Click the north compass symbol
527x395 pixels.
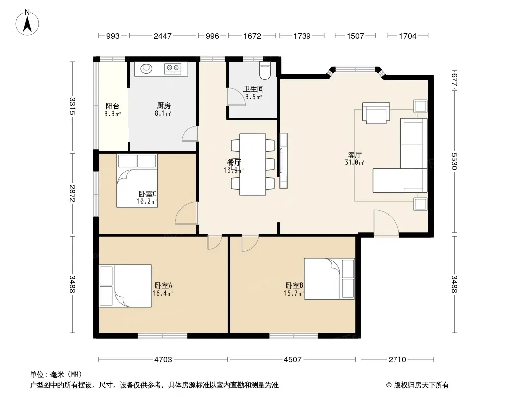tap(27, 23)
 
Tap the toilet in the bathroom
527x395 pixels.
tap(265, 71)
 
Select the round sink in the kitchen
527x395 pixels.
tap(146, 68)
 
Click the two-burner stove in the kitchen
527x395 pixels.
tap(173, 69)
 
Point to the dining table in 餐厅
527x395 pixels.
tap(253, 164)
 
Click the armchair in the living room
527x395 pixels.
tap(376, 113)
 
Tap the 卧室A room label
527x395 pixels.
tap(163, 285)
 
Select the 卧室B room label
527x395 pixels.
tap(295, 285)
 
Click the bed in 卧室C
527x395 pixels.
tap(137, 181)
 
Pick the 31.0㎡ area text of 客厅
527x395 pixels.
tap(354, 163)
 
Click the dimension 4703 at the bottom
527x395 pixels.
tap(163, 360)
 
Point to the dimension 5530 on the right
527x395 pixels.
tap(454, 161)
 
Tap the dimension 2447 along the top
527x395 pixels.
tap(162, 36)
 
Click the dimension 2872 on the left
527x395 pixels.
tap(72, 194)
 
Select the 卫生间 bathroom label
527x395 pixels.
tap(254, 89)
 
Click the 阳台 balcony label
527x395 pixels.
tap(112, 106)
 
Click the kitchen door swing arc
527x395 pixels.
tap(189, 134)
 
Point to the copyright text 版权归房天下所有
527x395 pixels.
tap(421, 385)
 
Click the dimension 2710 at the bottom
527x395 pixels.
tap(397, 360)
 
